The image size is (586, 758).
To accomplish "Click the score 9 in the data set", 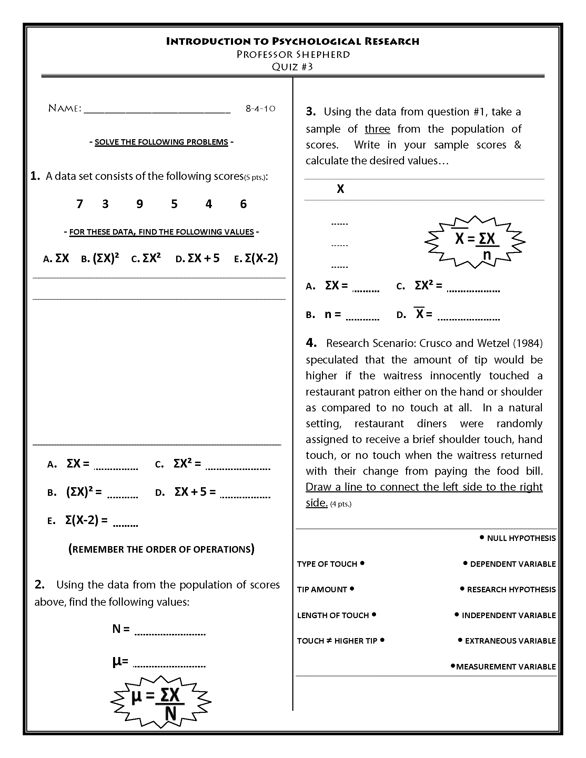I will point(140,204).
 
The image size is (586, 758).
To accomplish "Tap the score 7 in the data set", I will point(80,204).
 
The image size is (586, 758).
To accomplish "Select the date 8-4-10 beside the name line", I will point(260,109).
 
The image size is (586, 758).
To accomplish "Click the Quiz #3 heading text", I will point(292,66).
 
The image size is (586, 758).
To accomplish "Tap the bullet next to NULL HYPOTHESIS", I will point(482,537).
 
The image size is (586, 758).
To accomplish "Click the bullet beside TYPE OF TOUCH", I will point(362,563).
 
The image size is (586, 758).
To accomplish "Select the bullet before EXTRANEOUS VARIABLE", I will point(460,640).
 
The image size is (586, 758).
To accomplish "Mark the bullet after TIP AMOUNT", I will point(352,588).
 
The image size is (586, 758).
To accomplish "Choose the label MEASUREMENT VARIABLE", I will point(506,667).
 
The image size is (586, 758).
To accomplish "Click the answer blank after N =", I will point(170,633).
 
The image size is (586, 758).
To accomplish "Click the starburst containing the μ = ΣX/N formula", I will point(161,702).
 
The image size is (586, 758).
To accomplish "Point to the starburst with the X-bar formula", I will point(475,242).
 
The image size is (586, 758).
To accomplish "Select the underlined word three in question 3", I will point(377,129).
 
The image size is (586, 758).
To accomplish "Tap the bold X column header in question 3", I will point(341,189).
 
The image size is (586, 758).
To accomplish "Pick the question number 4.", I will point(311,343).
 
